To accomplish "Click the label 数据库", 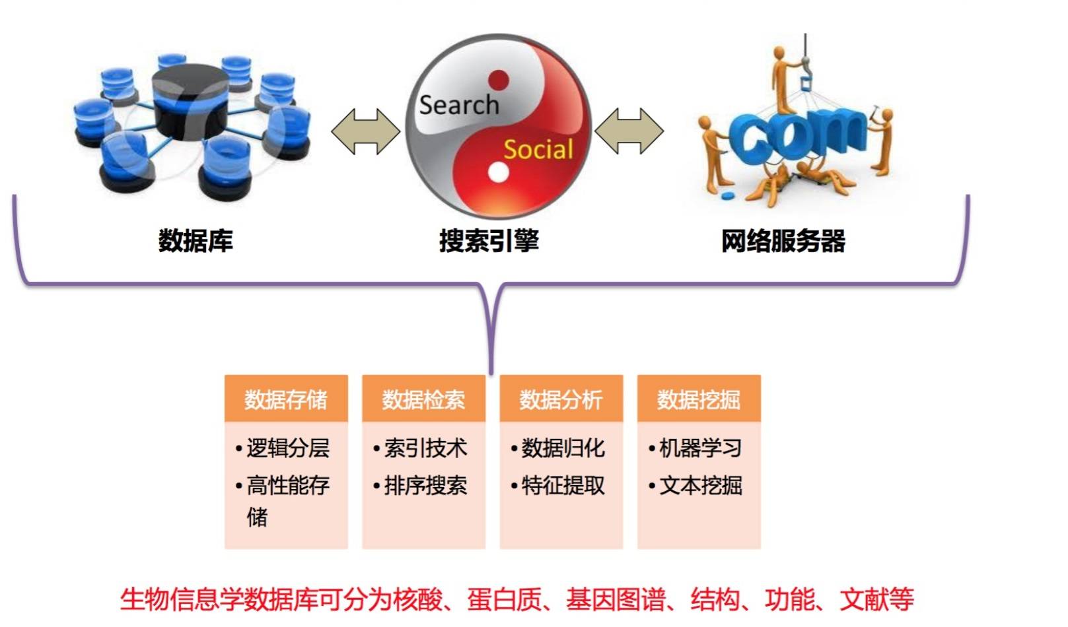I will [x=196, y=241].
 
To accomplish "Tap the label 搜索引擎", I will [x=489, y=241].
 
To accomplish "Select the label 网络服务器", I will [x=783, y=241].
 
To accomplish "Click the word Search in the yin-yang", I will [x=459, y=105].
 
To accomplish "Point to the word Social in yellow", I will [x=538, y=150].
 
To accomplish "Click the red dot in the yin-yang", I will [x=499, y=81].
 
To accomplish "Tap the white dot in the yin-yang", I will [x=499, y=173].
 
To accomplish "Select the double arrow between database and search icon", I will [x=365, y=131].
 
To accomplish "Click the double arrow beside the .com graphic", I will [x=629, y=131].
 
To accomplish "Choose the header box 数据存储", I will [x=286, y=399].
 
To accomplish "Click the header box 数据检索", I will [x=423, y=399].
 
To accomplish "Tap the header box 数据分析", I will [x=561, y=399].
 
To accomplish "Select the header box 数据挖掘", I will [x=698, y=399].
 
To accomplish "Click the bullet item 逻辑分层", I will [x=288, y=448].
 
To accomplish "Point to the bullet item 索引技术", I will [x=425, y=448].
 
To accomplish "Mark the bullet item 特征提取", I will [x=563, y=486].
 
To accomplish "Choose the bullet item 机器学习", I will [x=700, y=448].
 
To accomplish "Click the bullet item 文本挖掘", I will [x=700, y=486].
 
